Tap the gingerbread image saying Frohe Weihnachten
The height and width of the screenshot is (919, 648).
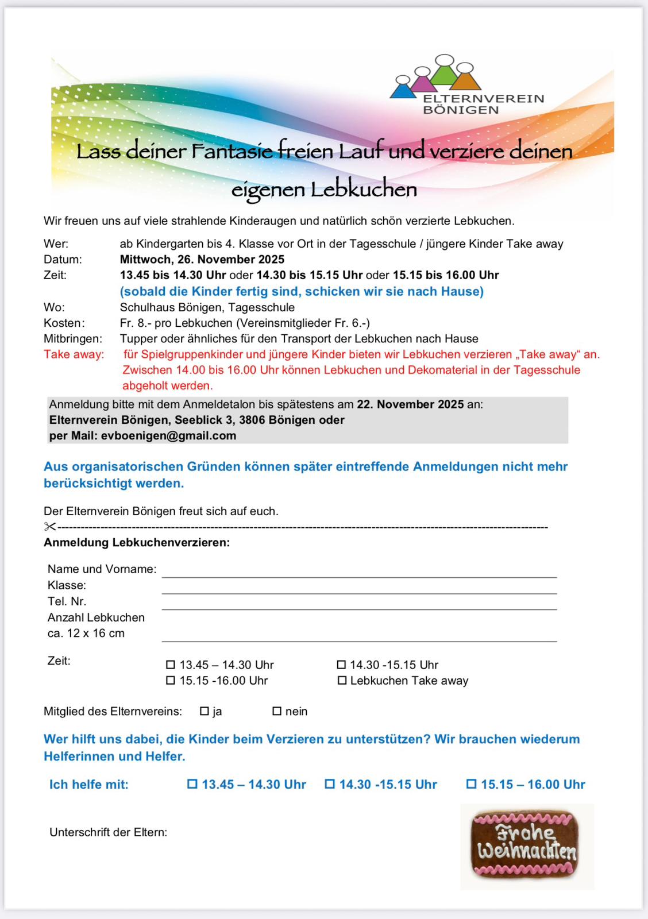(x=526, y=844)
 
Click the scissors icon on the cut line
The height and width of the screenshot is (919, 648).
(x=49, y=527)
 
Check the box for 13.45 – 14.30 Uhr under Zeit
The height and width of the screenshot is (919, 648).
(x=171, y=665)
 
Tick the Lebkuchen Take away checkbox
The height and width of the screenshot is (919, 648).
(x=342, y=681)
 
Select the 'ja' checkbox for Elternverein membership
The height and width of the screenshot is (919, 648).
(x=204, y=711)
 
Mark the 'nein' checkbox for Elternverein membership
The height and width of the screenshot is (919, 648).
(x=277, y=711)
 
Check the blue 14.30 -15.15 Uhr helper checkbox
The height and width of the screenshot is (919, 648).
(x=330, y=784)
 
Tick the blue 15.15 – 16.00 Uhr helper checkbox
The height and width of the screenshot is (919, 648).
(x=471, y=784)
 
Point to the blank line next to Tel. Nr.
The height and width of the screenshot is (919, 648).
(x=359, y=605)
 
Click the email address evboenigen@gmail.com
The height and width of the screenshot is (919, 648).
(x=169, y=435)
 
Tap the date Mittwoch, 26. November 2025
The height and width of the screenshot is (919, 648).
(x=202, y=259)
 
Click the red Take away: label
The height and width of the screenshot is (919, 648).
(x=74, y=354)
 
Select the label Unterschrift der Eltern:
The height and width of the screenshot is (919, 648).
(x=109, y=832)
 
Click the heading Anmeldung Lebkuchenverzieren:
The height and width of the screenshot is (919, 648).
(x=137, y=542)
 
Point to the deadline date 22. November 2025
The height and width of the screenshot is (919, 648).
(x=410, y=404)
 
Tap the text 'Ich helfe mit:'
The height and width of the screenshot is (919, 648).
(x=89, y=784)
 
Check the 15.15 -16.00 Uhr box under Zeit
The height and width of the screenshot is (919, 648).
(x=171, y=681)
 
